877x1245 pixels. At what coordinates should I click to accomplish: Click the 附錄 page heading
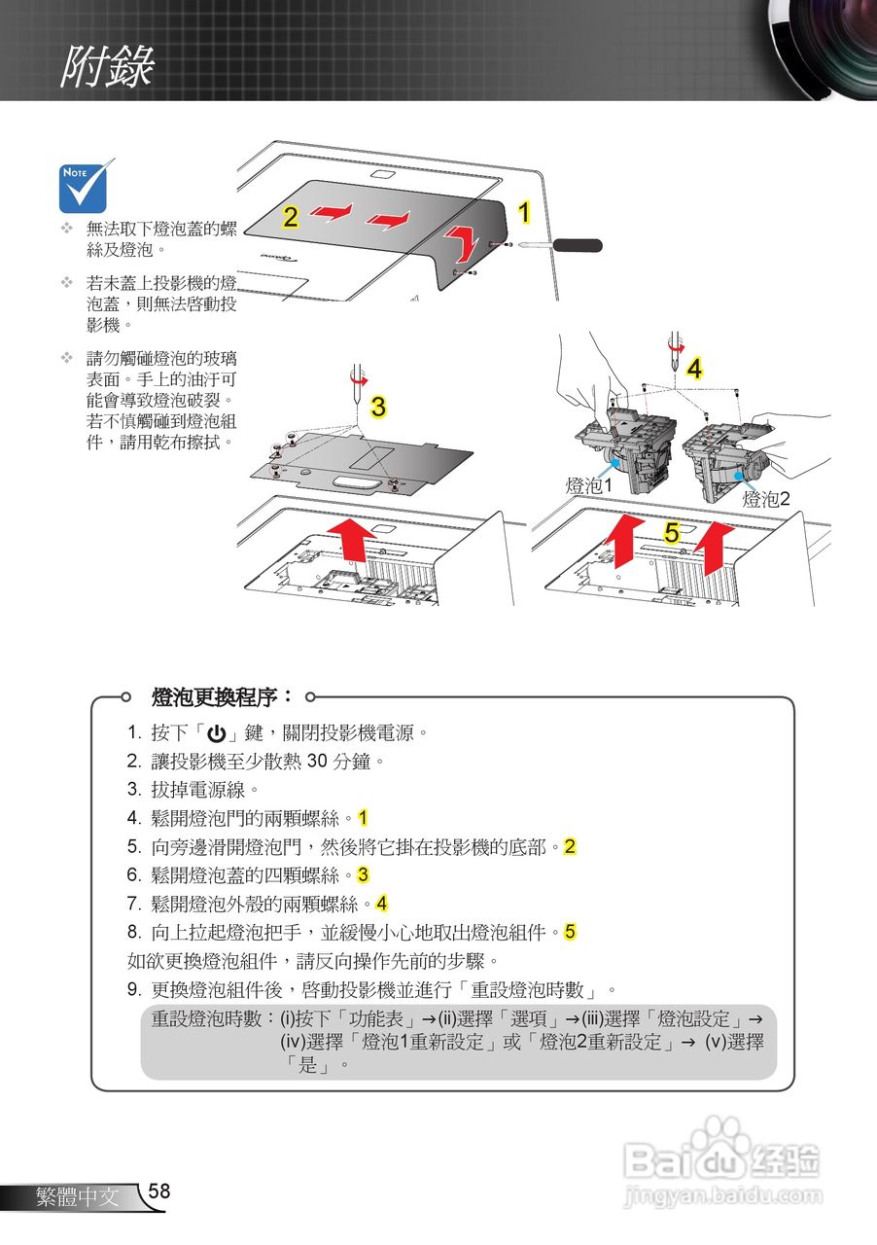pyautogui.click(x=107, y=67)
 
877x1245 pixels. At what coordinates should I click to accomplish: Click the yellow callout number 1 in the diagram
pyautogui.click(x=523, y=213)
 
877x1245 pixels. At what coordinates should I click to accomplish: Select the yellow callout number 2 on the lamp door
pyautogui.click(x=290, y=217)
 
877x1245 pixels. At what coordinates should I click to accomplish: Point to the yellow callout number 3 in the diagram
pyautogui.click(x=379, y=408)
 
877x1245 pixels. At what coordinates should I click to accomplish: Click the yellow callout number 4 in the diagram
pyautogui.click(x=694, y=368)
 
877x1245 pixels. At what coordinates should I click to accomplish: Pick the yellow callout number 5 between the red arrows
pyautogui.click(x=672, y=532)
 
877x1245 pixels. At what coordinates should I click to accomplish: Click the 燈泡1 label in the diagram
pyautogui.click(x=589, y=485)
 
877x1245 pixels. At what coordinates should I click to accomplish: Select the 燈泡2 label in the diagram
pyautogui.click(x=766, y=499)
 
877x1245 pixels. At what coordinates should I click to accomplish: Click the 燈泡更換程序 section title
pyautogui.click(x=222, y=696)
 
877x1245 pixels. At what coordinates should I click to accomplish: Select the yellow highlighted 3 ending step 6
pyautogui.click(x=363, y=874)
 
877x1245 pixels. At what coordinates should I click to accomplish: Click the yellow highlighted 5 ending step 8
pyautogui.click(x=570, y=932)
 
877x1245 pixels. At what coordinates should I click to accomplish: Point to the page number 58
pyautogui.click(x=159, y=1192)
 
